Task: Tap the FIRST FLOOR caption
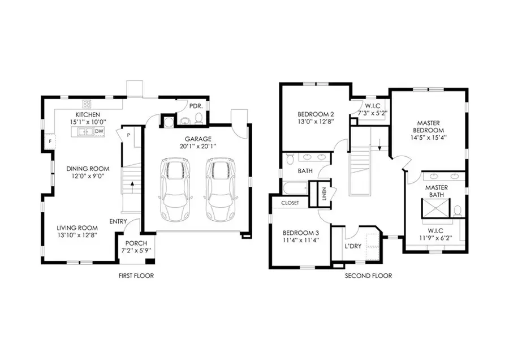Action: (136, 276)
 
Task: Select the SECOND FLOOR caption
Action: (368, 276)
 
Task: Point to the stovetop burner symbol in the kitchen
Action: (88, 104)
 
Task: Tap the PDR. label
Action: (196, 105)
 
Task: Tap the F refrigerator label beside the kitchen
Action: (50, 140)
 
